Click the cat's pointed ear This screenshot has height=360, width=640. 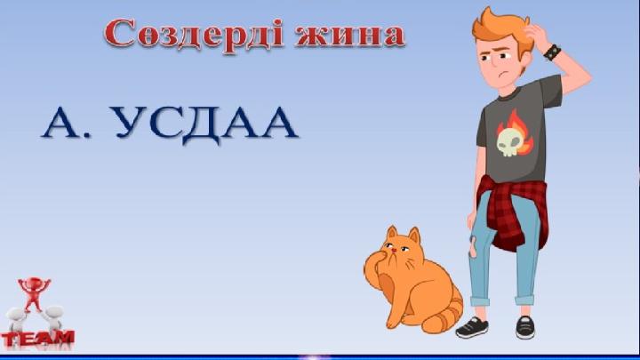391,232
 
